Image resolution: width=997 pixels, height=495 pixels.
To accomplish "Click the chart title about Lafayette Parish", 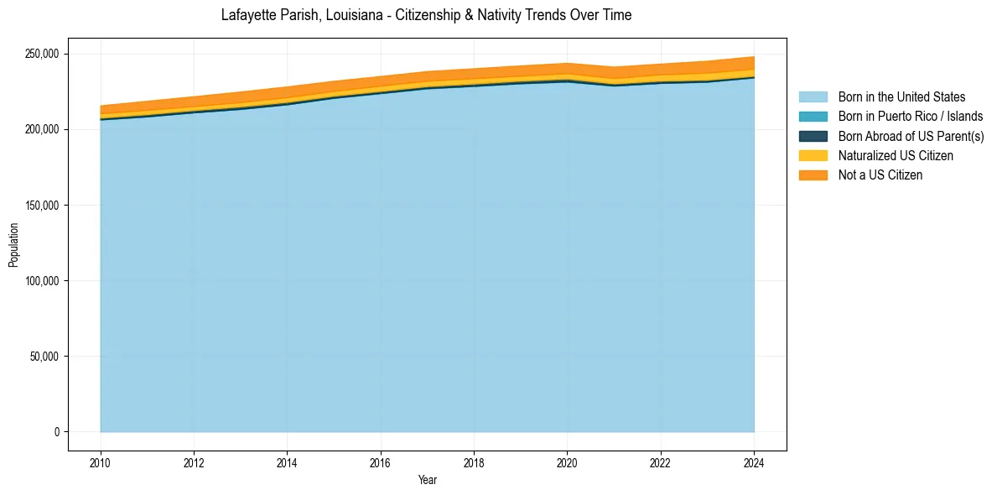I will coord(426,15).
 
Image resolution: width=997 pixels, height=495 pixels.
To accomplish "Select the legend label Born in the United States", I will coord(901,97).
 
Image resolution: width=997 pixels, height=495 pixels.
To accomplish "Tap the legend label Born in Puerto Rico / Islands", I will coord(911,117).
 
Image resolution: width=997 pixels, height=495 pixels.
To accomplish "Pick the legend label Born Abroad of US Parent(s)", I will coord(911,136).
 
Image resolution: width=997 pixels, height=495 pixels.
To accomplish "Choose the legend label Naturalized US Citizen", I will coord(896,155).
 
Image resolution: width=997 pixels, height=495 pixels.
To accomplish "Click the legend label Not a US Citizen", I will coord(880,175).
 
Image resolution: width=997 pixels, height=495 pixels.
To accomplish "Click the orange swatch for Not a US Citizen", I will coord(813,175).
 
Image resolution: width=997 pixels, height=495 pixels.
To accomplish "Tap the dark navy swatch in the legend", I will coord(813,136).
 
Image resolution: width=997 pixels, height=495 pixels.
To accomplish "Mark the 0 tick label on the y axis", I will coord(57,432).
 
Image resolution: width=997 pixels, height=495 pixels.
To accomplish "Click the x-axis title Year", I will coord(427,481).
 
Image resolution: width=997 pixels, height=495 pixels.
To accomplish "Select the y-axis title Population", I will coord(13,244).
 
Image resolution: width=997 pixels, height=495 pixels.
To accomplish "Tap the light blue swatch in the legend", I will coord(813,97).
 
